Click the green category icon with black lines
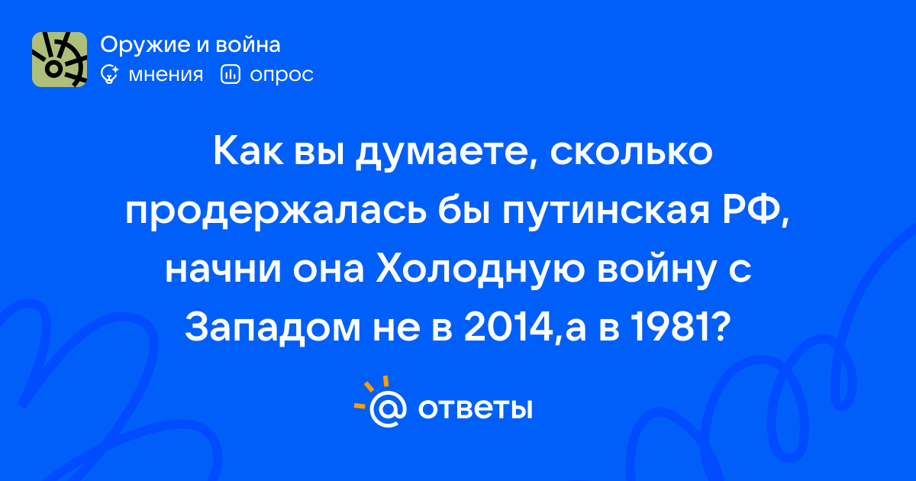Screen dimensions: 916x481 60,60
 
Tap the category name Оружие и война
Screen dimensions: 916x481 190,44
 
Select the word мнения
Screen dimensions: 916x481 166,76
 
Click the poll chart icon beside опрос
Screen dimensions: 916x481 231,75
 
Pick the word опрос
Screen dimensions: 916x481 282,76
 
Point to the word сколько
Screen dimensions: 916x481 631,152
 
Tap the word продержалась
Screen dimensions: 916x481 276,214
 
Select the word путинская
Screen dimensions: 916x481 605,214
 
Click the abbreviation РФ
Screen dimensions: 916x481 755,211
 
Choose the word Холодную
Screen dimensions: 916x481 480,271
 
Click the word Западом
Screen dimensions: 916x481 273,328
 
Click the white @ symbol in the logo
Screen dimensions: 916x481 388,408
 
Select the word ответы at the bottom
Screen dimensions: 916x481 475,409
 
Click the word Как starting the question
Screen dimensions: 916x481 248,152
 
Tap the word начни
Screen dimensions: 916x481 223,271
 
